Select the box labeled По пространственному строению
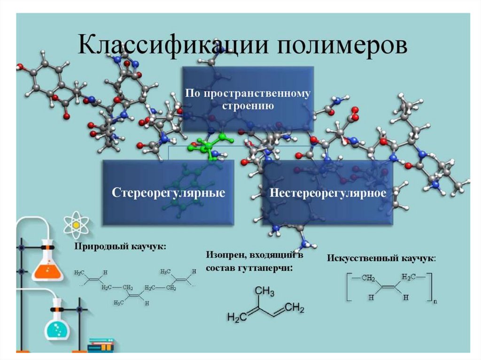click(248, 99)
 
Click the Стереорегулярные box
click(168, 193)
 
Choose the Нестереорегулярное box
click(327, 193)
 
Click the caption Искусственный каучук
click(380, 258)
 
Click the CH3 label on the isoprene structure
click(265, 292)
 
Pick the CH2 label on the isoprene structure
click(295, 308)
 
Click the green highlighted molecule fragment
click(208, 146)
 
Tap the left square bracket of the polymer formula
click(348, 286)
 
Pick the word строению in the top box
click(248, 106)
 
